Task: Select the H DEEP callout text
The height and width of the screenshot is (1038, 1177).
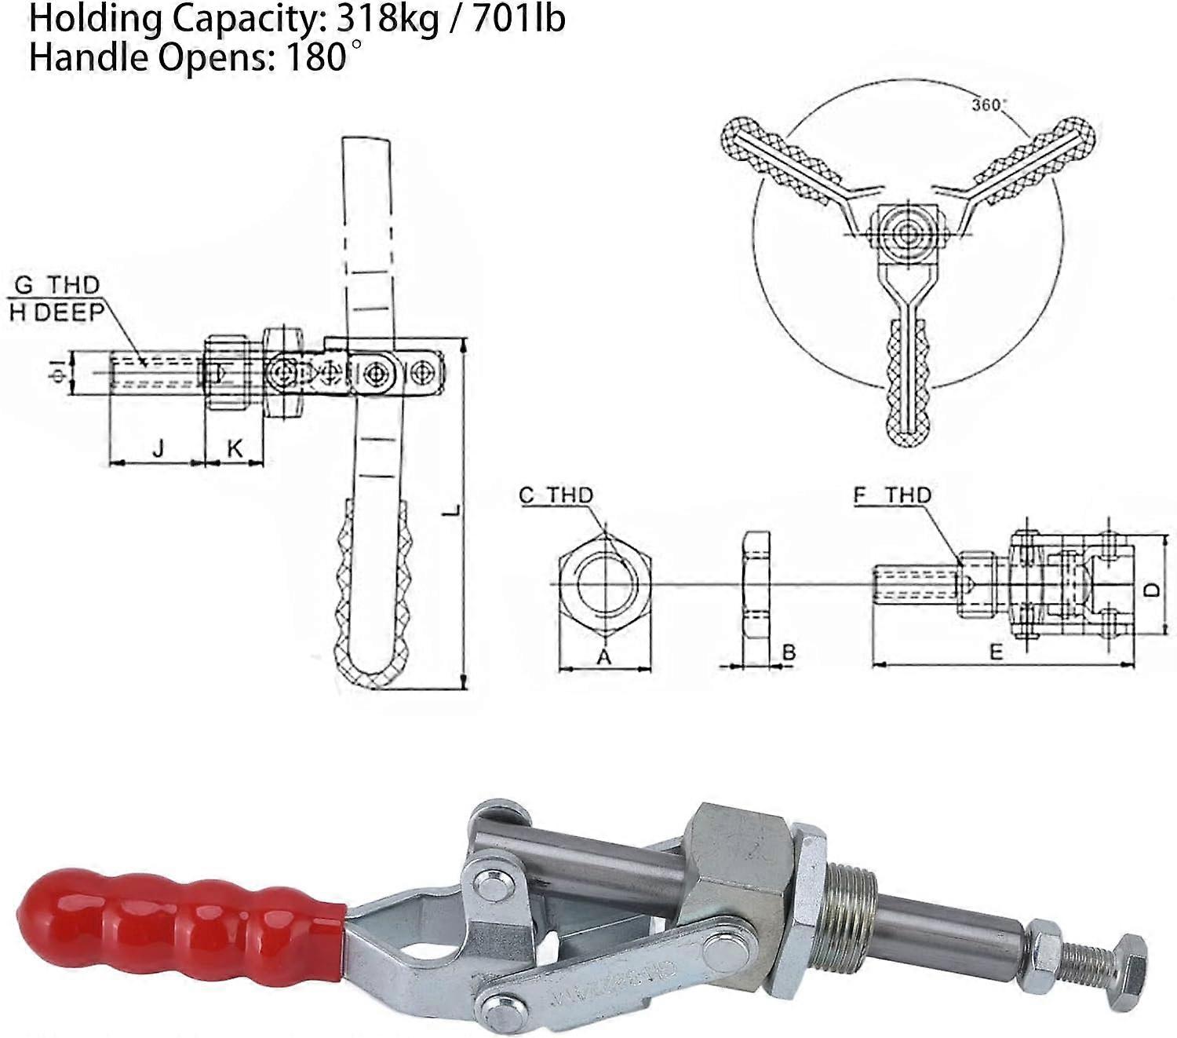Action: click(56, 312)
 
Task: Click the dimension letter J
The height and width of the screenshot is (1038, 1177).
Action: click(159, 448)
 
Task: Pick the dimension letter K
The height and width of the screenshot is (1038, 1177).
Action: click(234, 448)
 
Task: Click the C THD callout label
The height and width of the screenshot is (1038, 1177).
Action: click(556, 495)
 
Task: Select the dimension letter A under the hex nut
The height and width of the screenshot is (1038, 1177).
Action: click(603, 656)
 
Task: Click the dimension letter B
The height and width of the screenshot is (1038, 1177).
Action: click(789, 652)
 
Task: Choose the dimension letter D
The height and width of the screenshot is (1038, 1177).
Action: click(1150, 588)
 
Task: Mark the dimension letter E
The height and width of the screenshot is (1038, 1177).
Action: click(996, 652)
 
